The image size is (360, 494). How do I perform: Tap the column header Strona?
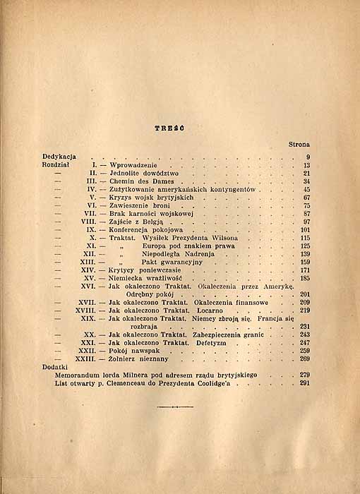tap(299, 145)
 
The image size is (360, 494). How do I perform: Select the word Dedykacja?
tap(59, 156)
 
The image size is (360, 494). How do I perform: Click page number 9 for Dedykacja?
tap(308, 156)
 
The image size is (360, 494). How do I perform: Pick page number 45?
tap(306, 190)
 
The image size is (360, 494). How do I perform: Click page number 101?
tap(305, 230)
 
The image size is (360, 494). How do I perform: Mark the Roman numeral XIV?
tap(88, 270)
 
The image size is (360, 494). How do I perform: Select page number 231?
tap(305, 327)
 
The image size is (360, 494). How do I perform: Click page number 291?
tap(305, 384)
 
